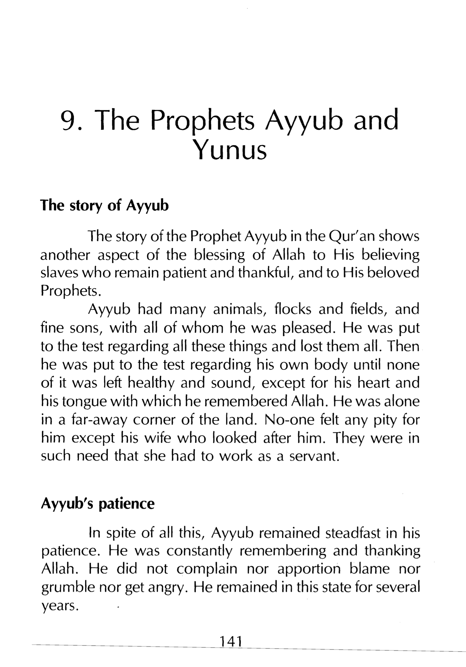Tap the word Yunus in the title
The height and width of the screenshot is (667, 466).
[229, 151]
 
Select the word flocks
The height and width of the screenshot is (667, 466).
[293, 309]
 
